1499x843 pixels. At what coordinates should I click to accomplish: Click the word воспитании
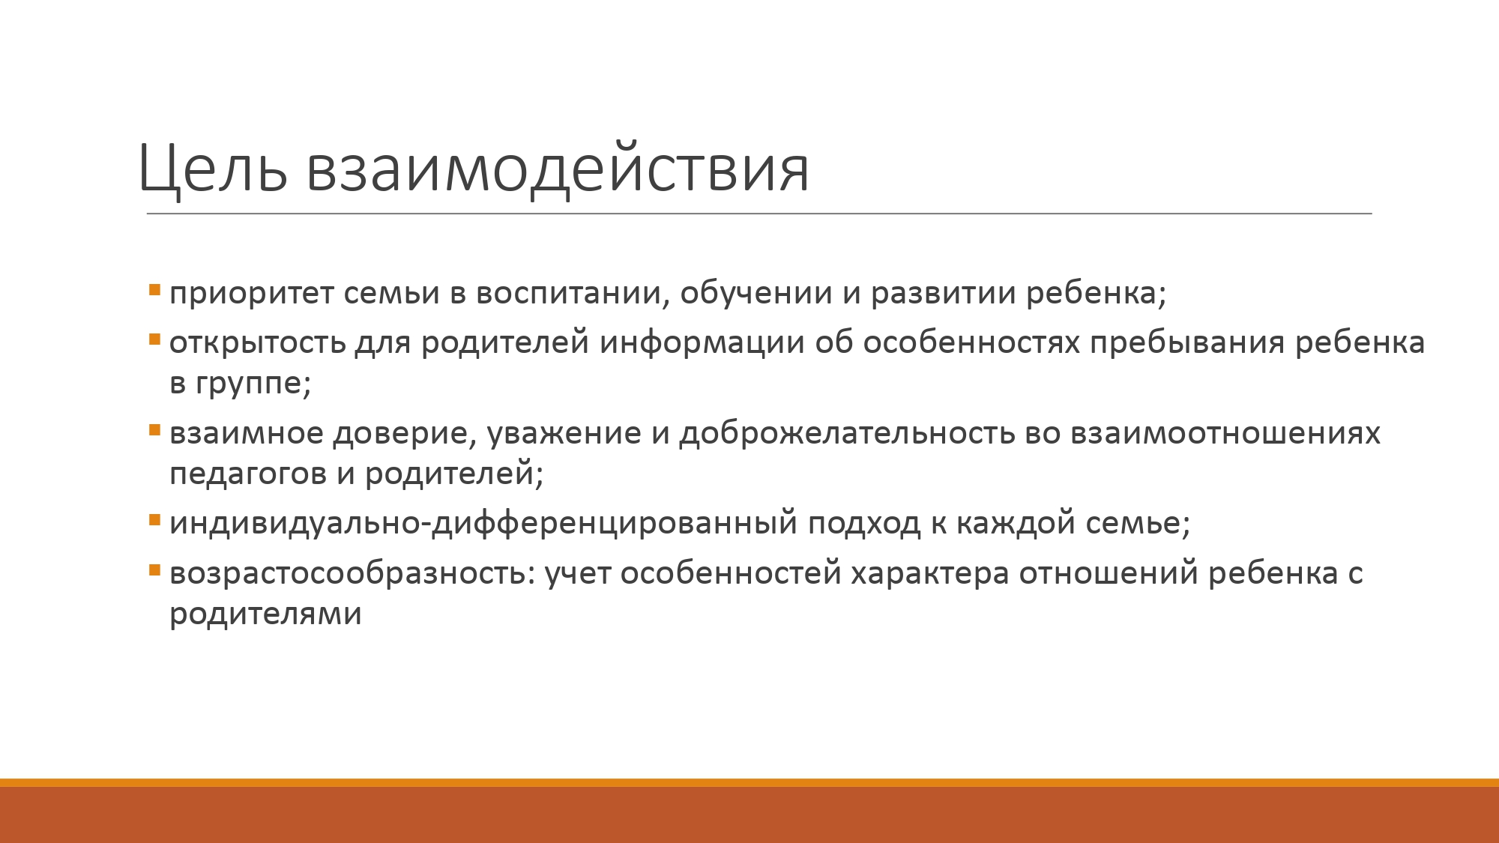(x=572, y=292)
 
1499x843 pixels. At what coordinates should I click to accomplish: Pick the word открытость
(x=258, y=342)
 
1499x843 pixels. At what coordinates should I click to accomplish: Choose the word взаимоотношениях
(x=1225, y=434)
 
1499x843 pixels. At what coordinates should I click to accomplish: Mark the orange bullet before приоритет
(x=154, y=289)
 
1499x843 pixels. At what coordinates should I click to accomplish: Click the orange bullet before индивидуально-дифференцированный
(x=154, y=519)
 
